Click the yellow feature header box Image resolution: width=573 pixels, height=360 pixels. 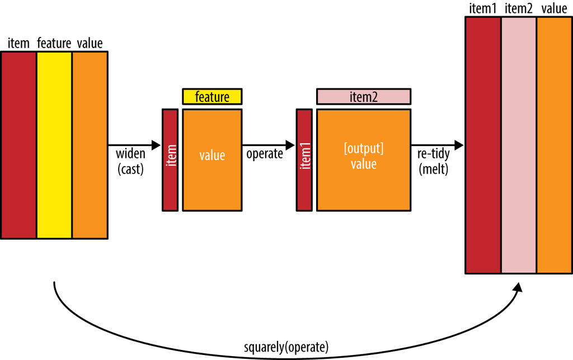[212, 97]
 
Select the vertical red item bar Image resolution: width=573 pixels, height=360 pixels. [170, 160]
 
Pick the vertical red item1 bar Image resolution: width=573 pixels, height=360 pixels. [304, 160]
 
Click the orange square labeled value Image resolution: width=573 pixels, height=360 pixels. [212, 160]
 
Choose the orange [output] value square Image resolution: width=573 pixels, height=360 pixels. [363, 160]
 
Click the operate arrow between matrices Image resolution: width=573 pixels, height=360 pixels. [268, 145]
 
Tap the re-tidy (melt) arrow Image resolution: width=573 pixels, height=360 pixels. [437, 145]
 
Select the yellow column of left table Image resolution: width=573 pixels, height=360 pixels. [54, 145]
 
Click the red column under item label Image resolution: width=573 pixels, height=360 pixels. [19, 145]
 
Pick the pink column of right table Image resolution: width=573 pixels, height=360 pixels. [519, 145]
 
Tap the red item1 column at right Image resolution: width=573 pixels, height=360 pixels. [483, 145]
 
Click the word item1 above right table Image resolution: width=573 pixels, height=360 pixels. [483, 9]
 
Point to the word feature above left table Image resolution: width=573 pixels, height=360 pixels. [54, 43]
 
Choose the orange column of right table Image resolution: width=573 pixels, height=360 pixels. [554, 145]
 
